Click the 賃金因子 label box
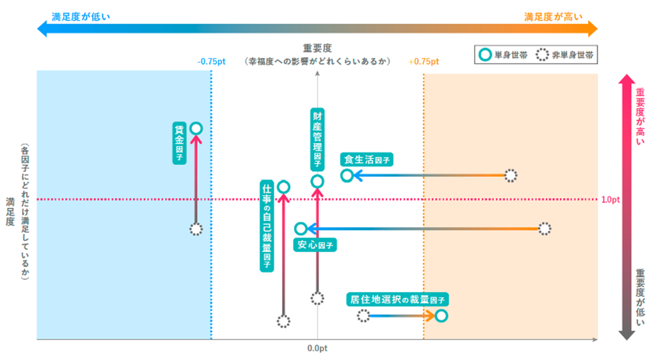pos(179,143)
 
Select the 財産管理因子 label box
pos(317,139)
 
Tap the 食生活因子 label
pos(367,159)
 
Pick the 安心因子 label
pos(315,245)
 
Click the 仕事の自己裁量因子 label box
pos(267,226)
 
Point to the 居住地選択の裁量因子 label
pos(397,299)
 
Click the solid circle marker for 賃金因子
pos(196,128)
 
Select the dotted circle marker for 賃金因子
pos(196,230)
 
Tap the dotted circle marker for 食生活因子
pos(511,175)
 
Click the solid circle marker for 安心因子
pos(301,229)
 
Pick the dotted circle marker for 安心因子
pos(544,229)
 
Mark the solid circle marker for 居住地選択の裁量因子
pos(441,316)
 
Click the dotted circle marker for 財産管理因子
pos(317,298)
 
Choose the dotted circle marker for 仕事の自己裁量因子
pos(283,322)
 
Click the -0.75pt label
pos(212,62)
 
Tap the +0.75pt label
pos(424,62)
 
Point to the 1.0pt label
pos(610,200)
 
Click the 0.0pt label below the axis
pos(317,348)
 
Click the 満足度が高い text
pos(553,17)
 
